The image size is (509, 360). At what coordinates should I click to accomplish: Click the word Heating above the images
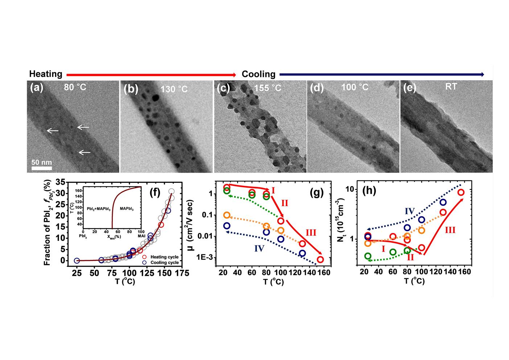click(46, 74)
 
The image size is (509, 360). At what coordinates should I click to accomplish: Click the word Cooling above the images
click(258, 74)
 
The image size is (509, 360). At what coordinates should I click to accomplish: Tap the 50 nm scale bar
click(41, 168)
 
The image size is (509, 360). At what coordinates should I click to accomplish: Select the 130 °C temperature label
click(174, 89)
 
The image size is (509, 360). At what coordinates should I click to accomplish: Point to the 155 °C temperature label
click(268, 88)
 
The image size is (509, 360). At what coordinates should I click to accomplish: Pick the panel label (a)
click(37, 88)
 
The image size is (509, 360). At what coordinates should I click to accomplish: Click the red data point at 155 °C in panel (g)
click(320, 259)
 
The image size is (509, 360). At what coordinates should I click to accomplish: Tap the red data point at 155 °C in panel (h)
click(461, 192)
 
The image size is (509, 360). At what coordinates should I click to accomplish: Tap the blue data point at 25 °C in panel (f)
click(77, 261)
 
